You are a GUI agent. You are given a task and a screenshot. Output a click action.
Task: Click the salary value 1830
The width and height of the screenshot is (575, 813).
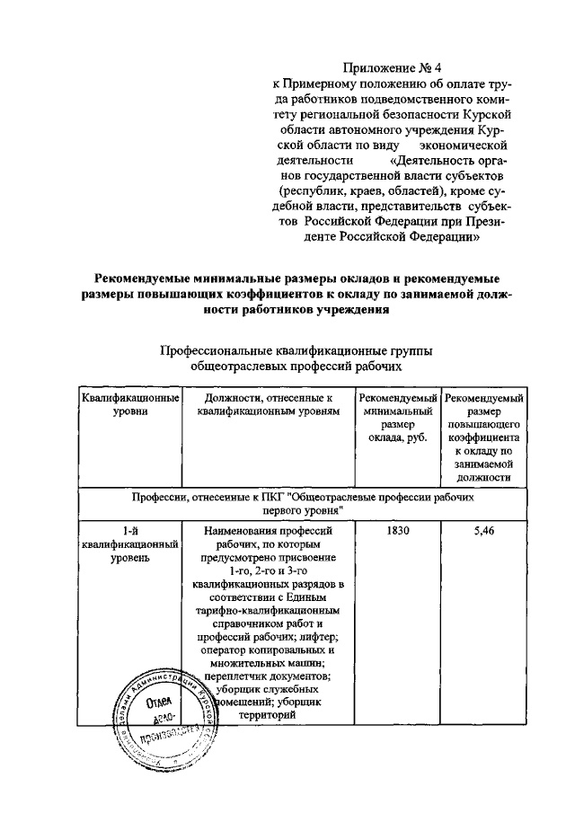tap(398, 531)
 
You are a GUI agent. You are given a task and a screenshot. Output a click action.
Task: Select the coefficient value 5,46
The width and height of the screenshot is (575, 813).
tap(484, 531)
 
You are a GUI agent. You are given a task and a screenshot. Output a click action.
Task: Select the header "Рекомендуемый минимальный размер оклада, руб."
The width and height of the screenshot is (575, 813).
tap(398, 418)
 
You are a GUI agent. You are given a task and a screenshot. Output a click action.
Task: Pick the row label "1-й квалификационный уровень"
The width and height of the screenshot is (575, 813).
tap(130, 544)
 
